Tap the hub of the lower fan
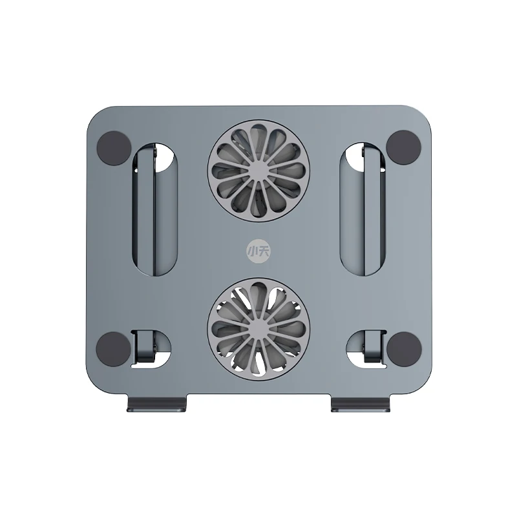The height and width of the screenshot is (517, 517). (258, 328)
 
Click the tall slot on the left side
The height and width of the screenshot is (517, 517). (154, 213)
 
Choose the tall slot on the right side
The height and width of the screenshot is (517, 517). (363, 213)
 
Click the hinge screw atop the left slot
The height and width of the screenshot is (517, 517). (156, 152)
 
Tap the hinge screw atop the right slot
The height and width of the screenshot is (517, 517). (362, 152)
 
